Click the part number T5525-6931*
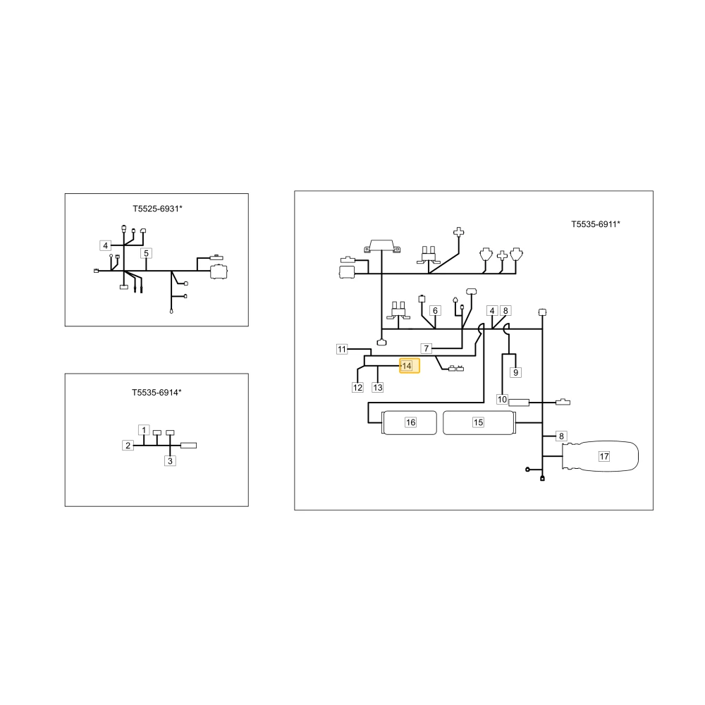click(157, 209)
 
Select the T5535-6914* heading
click(157, 393)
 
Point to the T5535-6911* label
click(596, 224)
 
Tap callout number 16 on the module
click(410, 422)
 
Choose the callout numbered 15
click(478, 422)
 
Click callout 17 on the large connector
click(604, 456)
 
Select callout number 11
click(342, 349)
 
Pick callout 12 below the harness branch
click(357, 387)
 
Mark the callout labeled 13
click(378, 387)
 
